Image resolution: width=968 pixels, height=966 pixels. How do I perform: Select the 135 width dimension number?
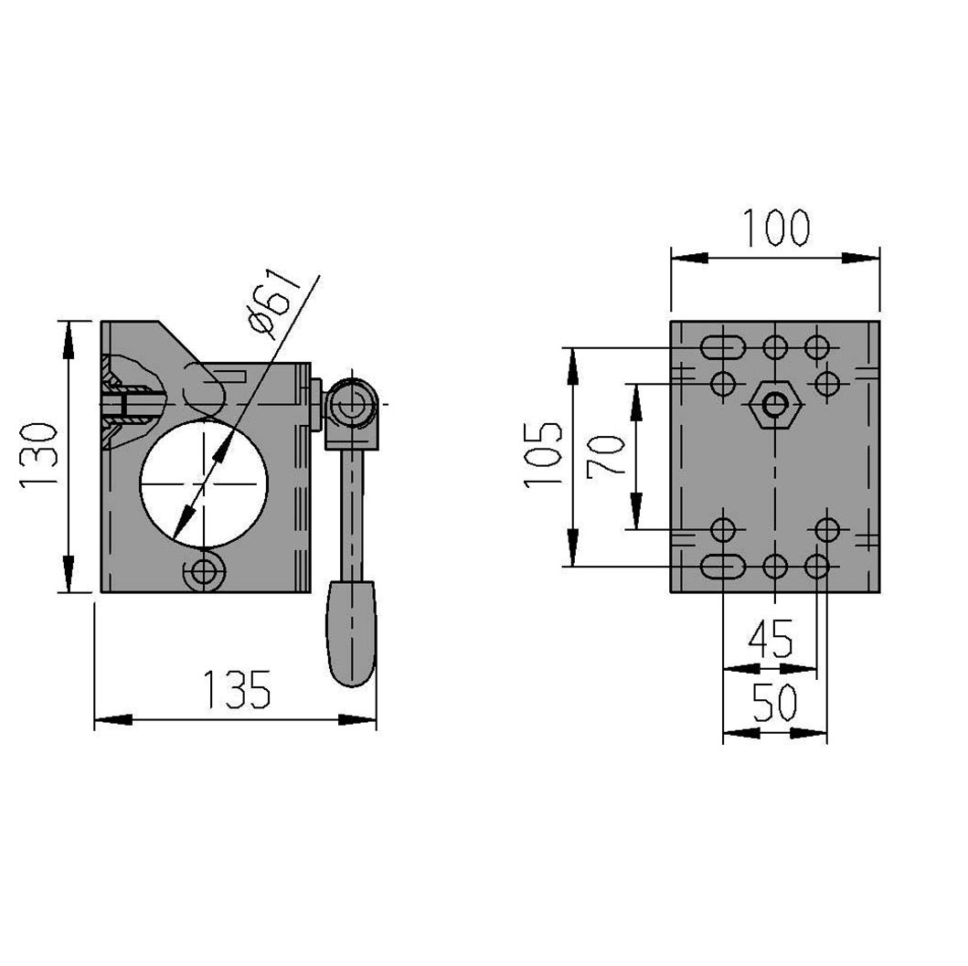[237, 689]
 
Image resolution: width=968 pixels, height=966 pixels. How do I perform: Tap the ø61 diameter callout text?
[273, 303]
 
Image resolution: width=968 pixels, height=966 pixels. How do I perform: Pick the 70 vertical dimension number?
[606, 456]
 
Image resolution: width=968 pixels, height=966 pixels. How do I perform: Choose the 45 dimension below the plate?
[771, 639]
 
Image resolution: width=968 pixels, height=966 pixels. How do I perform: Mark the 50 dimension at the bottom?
[775, 703]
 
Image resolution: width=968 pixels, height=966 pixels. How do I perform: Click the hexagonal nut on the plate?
[775, 405]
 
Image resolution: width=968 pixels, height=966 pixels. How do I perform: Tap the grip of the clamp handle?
[351, 633]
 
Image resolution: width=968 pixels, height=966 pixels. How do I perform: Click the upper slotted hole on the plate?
[722, 347]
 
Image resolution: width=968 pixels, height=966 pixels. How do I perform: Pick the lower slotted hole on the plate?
[722, 566]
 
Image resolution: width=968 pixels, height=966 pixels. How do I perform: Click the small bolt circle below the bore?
[205, 572]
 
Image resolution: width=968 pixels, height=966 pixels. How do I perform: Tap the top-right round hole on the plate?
[817, 347]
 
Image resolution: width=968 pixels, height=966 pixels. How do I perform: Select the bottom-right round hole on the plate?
[817, 566]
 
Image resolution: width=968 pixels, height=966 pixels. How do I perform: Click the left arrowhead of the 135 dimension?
[113, 720]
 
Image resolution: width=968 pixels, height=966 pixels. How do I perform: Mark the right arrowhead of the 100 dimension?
[860, 258]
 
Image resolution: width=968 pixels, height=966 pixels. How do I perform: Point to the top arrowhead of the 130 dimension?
[68, 339]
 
